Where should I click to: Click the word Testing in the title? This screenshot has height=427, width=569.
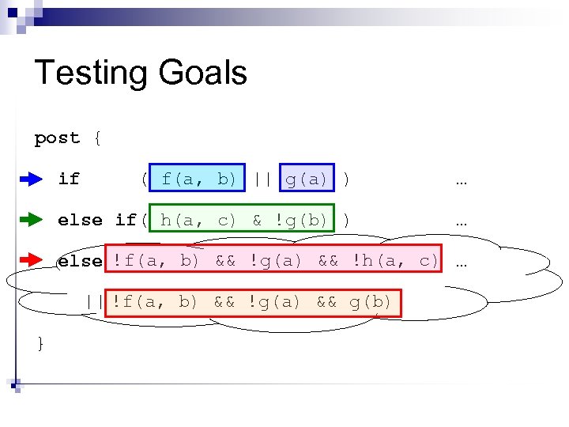pyautogui.click(x=87, y=74)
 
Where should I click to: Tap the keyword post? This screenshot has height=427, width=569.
pyautogui.click(x=57, y=138)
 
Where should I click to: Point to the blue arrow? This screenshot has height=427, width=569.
pyautogui.click(x=31, y=179)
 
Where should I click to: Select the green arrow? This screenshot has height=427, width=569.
pyautogui.click(x=31, y=220)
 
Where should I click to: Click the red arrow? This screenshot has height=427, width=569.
pyautogui.click(x=31, y=260)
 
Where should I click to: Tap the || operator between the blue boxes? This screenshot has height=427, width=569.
pyautogui.click(x=263, y=179)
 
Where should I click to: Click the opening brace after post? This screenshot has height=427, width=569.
pyautogui.click(x=96, y=138)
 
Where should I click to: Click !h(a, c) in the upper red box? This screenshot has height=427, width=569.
pyautogui.click(x=395, y=260)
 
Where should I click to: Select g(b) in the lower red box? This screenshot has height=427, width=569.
pyautogui.click(x=371, y=301)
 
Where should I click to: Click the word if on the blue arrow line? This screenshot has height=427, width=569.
pyautogui.click(x=69, y=179)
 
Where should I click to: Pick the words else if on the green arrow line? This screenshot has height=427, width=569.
pyautogui.click(x=96, y=220)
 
